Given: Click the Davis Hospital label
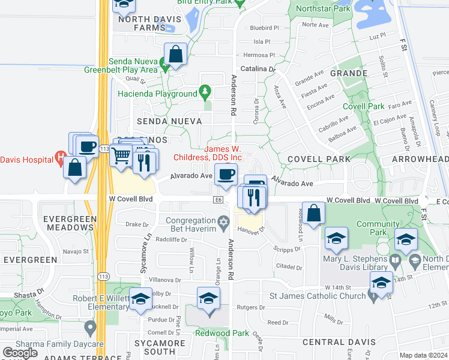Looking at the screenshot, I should click(x=27, y=160).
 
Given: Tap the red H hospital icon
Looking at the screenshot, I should click(x=59, y=158).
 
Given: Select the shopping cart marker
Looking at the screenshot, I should click(x=122, y=157).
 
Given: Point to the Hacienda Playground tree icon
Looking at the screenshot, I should click(x=206, y=91).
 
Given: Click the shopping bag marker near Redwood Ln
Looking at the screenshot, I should click(x=314, y=214).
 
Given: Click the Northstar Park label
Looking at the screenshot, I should click(x=323, y=10).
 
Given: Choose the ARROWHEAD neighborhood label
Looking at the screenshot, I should click(x=420, y=159).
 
